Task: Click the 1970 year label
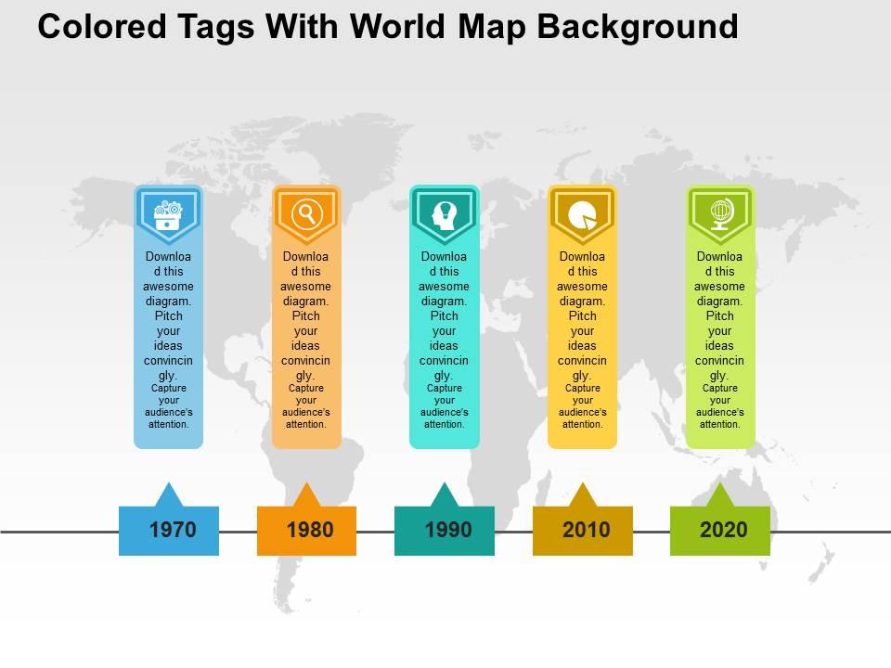click(173, 531)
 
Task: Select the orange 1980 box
click(306, 531)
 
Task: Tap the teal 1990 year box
click(445, 531)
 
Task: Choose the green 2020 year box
click(720, 531)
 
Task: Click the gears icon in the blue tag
click(168, 214)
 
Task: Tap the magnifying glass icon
click(305, 214)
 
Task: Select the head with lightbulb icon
click(445, 214)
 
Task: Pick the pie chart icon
click(582, 214)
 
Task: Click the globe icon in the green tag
click(720, 214)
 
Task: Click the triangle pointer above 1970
click(168, 495)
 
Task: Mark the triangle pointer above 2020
click(720, 495)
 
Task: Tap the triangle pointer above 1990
click(445, 495)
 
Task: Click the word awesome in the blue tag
click(168, 287)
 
